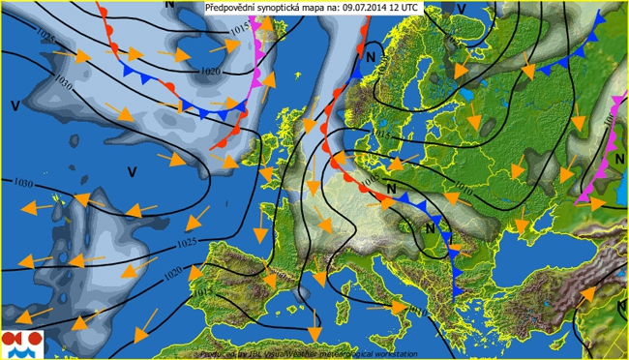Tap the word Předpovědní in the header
(x=231, y=8)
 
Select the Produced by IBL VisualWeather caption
(x=310, y=353)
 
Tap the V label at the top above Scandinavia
(x=461, y=9)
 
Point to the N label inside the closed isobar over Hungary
(x=429, y=228)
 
